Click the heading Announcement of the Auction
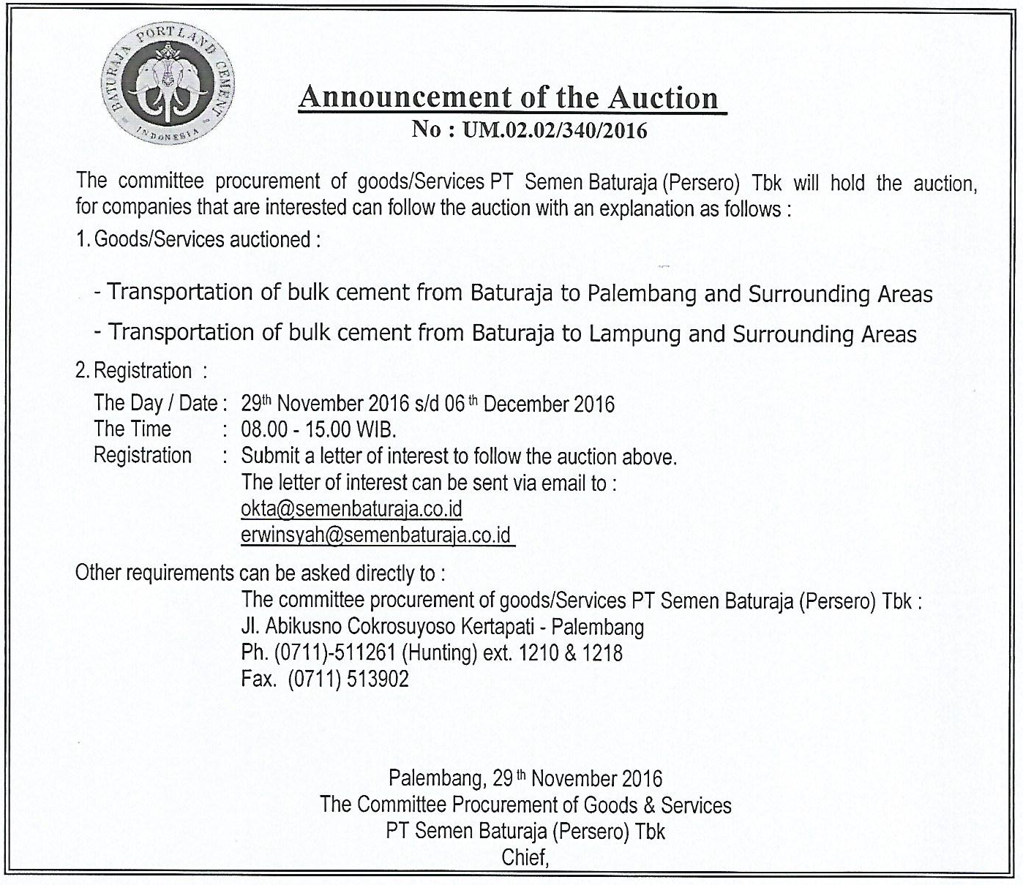tap(509, 97)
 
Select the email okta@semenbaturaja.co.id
tap(351, 508)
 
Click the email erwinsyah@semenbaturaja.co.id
tap(375, 535)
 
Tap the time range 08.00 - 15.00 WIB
tap(318, 429)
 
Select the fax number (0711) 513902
tap(348, 679)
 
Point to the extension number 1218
tap(602, 652)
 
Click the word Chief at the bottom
tap(524, 857)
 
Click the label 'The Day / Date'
tap(156, 403)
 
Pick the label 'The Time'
tap(132, 429)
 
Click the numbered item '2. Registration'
tap(134, 371)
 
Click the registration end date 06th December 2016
tap(530, 404)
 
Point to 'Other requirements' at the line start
tap(154, 573)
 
